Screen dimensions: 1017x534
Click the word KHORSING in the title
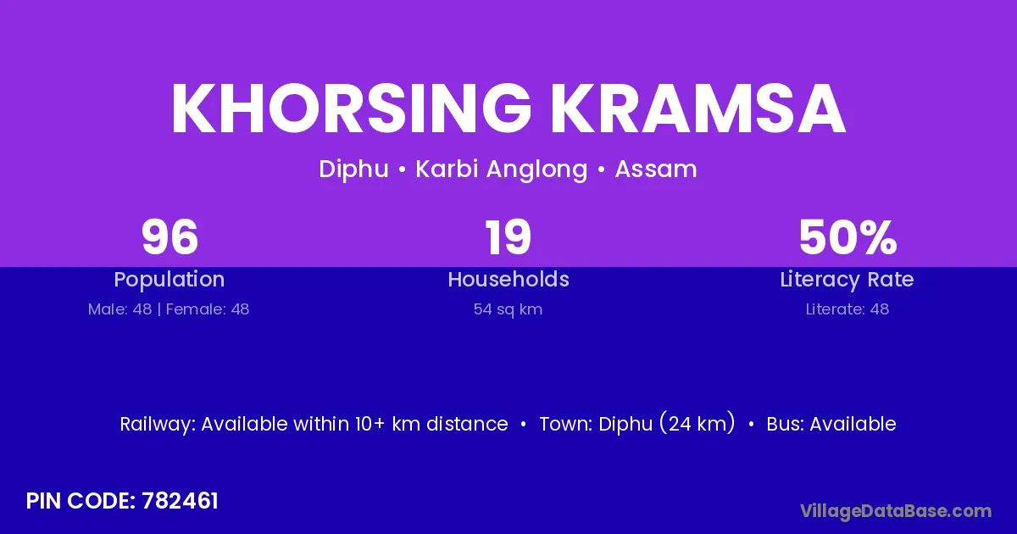(351, 109)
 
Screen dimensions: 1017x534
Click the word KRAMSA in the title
(698, 109)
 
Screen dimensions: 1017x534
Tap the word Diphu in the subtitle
(353, 170)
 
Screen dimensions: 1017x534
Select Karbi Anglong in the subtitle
(502, 170)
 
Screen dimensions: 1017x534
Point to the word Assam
(656, 170)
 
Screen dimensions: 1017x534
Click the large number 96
(169, 237)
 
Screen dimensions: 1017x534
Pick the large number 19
(508, 237)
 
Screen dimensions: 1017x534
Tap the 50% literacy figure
(847, 237)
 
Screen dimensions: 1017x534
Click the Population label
(169, 280)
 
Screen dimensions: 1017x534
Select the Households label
(508, 279)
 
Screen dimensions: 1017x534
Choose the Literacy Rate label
(847, 280)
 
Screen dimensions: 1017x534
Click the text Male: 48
(119, 309)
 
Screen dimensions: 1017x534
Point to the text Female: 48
(208, 309)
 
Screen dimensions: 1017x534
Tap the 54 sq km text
(508, 309)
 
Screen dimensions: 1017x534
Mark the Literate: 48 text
(847, 309)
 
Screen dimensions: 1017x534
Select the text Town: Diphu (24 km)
(637, 424)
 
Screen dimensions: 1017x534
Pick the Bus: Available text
(831, 424)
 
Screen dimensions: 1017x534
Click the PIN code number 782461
(180, 501)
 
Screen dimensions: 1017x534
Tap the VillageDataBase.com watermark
(896, 511)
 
